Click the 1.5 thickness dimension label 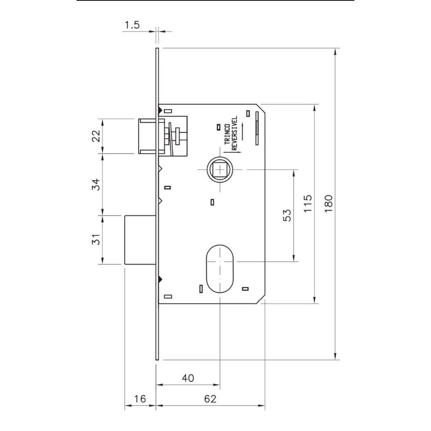[x=132, y=25]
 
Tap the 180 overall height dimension [x=328, y=204]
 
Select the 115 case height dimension [x=308, y=203]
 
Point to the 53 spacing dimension [x=287, y=215]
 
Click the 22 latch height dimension [x=96, y=136]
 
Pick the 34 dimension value [x=96, y=184]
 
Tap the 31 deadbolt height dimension [x=96, y=239]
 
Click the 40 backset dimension [x=188, y=378]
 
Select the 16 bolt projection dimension [x=140, y=399]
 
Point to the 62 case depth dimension [x=210, y=399]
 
